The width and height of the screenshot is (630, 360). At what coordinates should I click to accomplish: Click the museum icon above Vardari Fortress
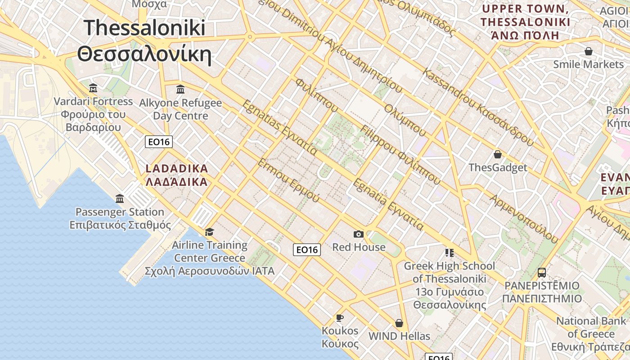coord(93,87)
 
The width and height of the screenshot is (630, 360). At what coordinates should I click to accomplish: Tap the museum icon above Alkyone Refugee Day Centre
coord(180,89)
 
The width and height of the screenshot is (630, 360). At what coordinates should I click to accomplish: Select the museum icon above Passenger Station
coord(120,198)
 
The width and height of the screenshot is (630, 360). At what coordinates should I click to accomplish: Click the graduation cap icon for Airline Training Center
coord(209,232)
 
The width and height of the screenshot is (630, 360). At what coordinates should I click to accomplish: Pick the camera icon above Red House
coord(359,234)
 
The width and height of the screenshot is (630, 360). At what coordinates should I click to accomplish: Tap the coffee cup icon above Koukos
coord(340,318)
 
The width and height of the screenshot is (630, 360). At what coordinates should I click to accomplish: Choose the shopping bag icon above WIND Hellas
coord(399,323)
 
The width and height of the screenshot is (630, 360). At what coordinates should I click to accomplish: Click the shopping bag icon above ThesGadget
coord(498,155)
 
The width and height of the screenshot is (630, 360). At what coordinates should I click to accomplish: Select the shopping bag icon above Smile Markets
coord(589,51)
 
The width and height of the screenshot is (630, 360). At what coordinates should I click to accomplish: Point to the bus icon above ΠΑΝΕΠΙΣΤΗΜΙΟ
coord(542,272)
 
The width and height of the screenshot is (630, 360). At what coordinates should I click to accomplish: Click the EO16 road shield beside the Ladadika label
coord(159,142)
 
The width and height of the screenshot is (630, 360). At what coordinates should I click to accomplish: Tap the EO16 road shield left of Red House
coord(307,250)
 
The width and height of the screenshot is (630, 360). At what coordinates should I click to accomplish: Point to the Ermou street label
coord(288,180)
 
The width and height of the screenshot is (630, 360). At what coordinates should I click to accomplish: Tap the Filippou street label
coord(400,155)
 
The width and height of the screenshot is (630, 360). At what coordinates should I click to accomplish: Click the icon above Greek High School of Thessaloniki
coord(449,252)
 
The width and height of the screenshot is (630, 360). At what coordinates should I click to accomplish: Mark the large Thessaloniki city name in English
coord(144,28)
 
